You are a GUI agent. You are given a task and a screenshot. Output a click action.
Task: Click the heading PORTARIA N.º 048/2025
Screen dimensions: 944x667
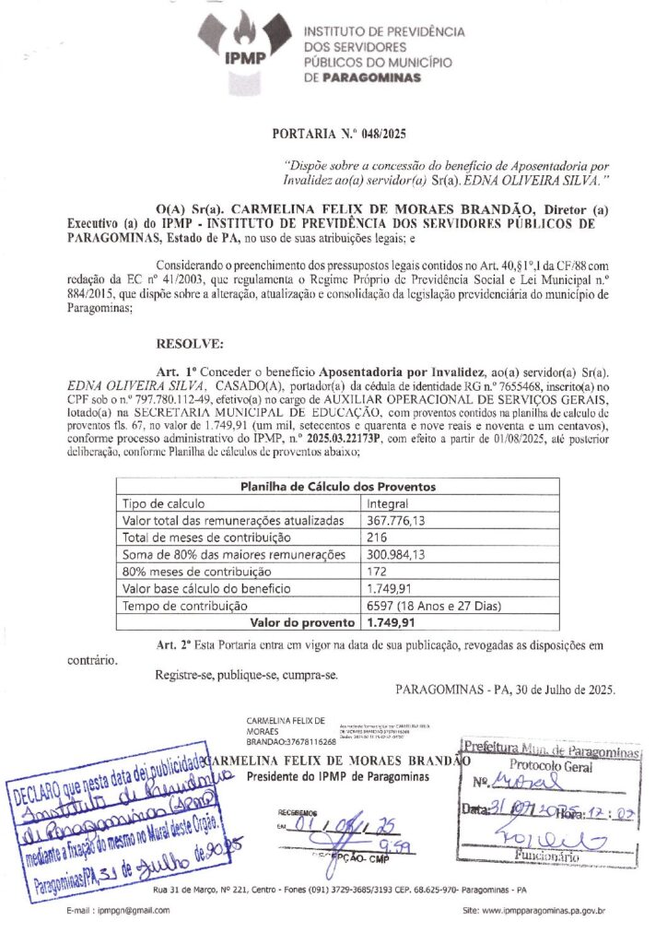pyautogui.click(x=339, y=135)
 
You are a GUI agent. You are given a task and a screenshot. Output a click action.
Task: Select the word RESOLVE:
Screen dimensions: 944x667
pyautogui.click(x=190, y=345)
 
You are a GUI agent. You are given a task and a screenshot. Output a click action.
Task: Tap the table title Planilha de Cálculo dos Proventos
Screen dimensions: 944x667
pyautogui.click(x=338, y=487)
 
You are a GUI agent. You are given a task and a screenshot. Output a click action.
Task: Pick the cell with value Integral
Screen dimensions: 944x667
pyautogui.click(x=388, y=504)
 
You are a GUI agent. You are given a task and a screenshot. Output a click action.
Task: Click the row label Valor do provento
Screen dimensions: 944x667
pyautogui.click(x=295, y=622)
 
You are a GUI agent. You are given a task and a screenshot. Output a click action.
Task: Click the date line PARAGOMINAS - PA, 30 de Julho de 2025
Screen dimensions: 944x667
pyautogui.click(x=506, y=690)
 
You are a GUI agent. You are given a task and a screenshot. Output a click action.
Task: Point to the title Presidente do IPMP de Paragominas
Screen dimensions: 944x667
pyautogui.click(x=338, y=777)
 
